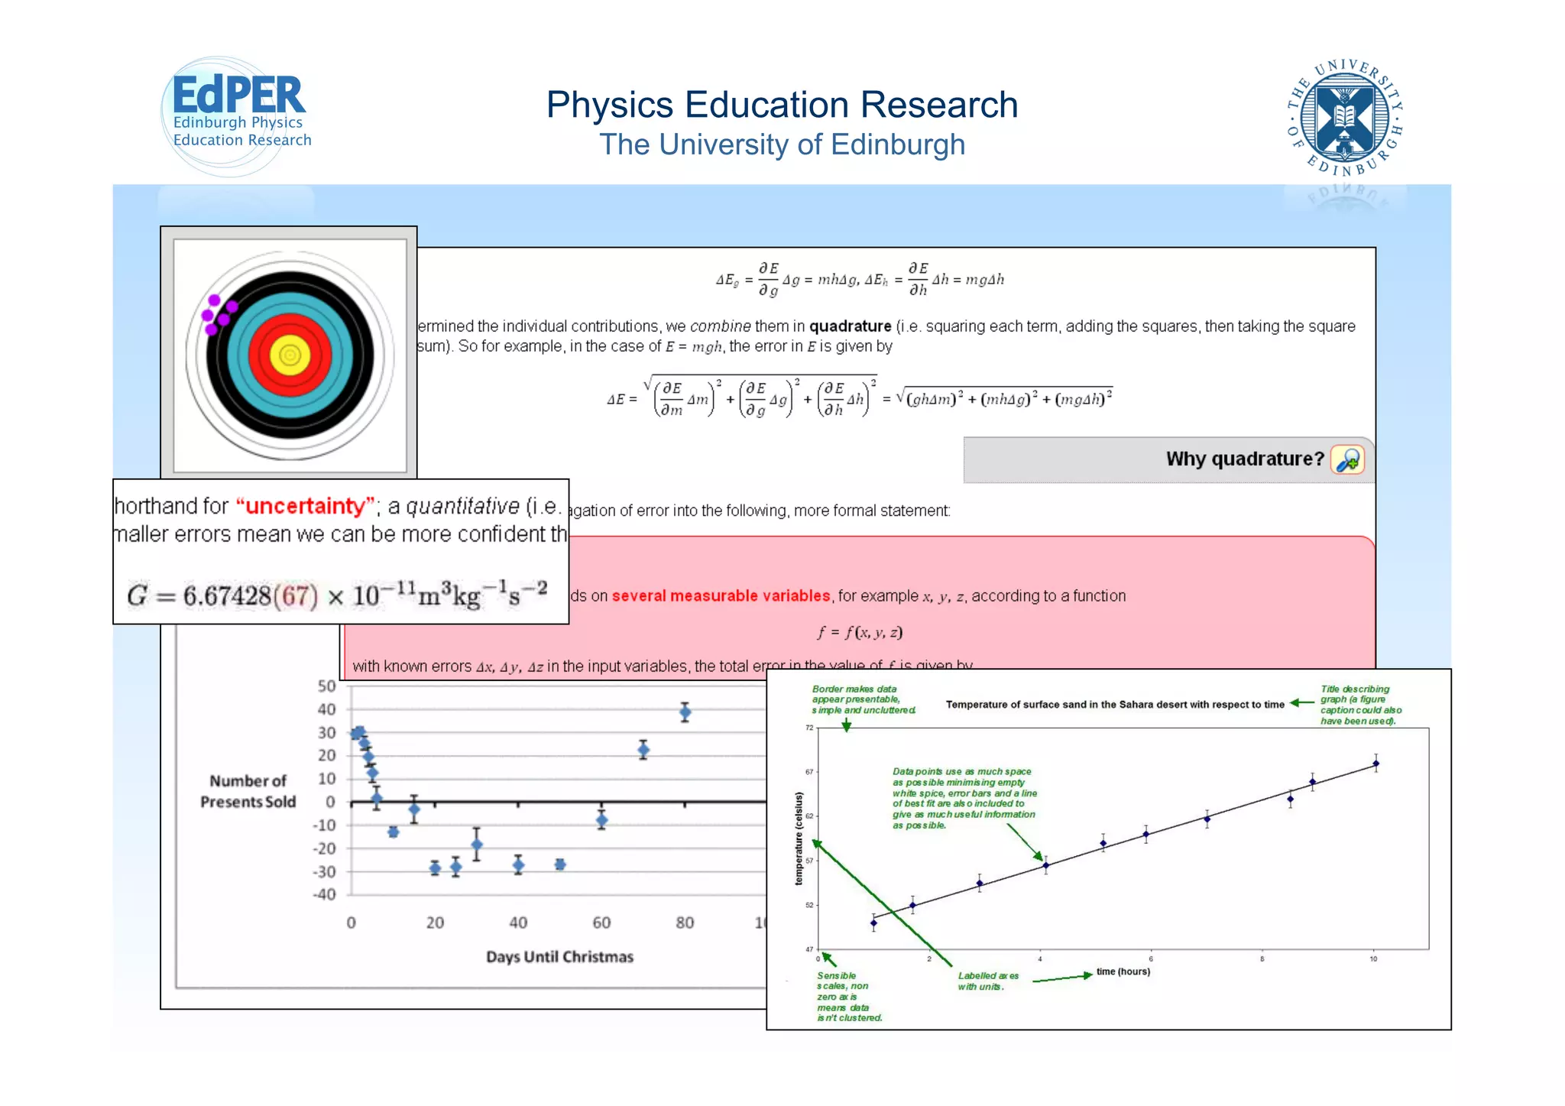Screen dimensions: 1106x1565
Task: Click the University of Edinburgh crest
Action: tap(1345, 117)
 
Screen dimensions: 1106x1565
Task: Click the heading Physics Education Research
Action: tap(782, 105)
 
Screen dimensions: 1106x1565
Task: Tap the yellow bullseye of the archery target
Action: tap(290, 355)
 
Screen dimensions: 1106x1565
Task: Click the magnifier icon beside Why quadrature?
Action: tap(1347, 460)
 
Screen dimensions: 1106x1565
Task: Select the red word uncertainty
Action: tap(306, 506)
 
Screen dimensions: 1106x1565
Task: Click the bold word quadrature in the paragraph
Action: tap(850, 326)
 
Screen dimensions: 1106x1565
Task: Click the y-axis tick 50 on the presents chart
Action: tap(327, 686)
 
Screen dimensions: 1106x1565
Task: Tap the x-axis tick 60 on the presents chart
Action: tap(601, 923)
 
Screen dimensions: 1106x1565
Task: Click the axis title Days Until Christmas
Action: tap(559, 957)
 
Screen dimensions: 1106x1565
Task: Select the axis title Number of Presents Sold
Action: tap(248, 791)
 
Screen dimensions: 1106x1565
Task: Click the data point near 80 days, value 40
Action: tap(685, 712)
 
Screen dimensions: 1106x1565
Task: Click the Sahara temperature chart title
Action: tap(1115, 705)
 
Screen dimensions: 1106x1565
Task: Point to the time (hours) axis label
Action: tap(1123, 971)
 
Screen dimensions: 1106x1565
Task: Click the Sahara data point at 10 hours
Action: tap(1375, 763)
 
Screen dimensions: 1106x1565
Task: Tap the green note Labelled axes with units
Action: tap(988, 981)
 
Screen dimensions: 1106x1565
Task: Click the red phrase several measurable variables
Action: tap(721, 595)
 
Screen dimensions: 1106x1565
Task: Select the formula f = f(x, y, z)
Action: tap(860, 632)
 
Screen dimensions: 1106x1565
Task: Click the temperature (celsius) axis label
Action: tap(799, 838)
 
